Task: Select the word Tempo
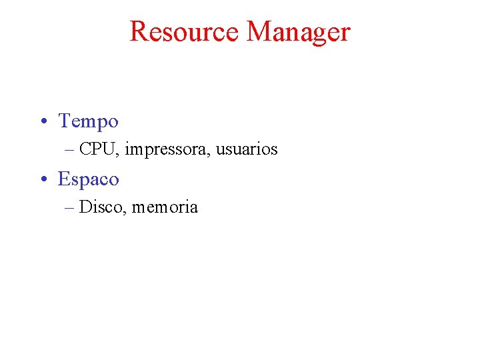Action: tap(88, 122)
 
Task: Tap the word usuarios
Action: tap(247, 149)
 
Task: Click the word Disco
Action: tap(101, 207)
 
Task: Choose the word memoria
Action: tap(165, 207)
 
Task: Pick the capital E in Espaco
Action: tap(64, 179)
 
